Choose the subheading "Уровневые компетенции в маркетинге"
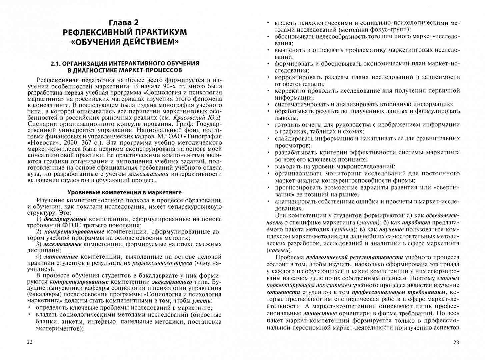click(124, 192)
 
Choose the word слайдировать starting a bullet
click(293, 138)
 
